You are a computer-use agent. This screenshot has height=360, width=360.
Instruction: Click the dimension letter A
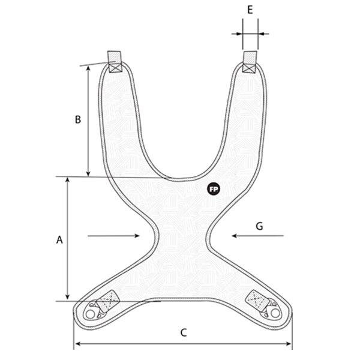click(x=59, y=239)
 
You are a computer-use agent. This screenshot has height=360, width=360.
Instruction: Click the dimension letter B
click(x=78, y=119)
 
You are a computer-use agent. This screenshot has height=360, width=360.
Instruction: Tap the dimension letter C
click(x=184, y=332)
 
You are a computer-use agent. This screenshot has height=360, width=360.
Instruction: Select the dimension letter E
click(x=250, y=10)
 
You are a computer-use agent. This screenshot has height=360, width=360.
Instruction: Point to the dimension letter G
click(x=259, y=226)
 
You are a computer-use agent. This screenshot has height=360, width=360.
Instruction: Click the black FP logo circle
click(x=214, y=190)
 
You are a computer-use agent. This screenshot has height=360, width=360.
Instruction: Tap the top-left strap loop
click(x=114, y=62)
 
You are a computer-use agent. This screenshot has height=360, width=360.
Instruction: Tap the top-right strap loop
click(x=250, y=62)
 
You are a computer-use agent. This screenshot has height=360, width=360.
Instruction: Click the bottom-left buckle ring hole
click(x=90, y=314)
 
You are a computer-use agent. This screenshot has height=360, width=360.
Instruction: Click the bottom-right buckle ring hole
click(x=275, y=313)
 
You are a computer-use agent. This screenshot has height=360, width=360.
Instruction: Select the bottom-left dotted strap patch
click(x=107, y=301)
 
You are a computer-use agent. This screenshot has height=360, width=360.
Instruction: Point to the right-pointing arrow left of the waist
click(x=113, y=236)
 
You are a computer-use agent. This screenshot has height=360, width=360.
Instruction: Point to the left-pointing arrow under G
click(x=258, y=236)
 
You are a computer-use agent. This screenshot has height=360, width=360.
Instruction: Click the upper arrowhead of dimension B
click(x=88, y=68)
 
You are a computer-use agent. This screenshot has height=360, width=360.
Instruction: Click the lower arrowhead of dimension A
click(x=67, y=297)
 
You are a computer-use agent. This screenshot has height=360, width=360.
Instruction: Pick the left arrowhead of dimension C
click(x=77, y=344)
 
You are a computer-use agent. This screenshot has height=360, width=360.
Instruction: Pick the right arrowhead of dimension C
click(x=288, y=344)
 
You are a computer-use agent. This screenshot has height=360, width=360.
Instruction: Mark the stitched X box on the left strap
click(x=115, y=67)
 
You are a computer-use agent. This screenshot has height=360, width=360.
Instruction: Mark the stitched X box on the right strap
click(x=250, y=68)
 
